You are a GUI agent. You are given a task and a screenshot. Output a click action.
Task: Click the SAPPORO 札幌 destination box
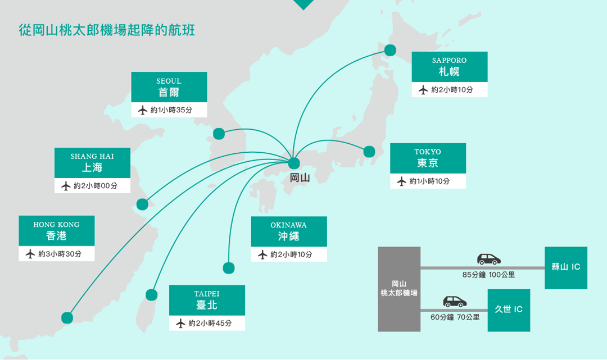pyautogui.click(x=449, y=67)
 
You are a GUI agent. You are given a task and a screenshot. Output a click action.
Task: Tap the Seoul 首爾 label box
pyautogui.click(x=169, y=87)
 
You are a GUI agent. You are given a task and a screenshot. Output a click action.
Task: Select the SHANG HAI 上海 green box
pyautogui.click(x=92, y=163)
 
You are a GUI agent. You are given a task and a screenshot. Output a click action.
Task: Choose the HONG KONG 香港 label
pyautogui.click(x=56, y=231)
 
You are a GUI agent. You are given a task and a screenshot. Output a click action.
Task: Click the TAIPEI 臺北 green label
pyautogui.click(x=207, y=300)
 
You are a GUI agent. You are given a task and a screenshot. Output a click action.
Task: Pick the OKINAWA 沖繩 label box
pyautogui.click(x=289, y=231)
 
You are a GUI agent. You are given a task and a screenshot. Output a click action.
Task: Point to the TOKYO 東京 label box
pyautogui.click(x=428, y=158)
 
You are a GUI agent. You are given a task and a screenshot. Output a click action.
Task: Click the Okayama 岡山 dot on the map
pyautogui.click(x=293, y=163)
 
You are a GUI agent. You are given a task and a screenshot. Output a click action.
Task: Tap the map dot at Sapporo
pyautogui.click(x=389, y=50)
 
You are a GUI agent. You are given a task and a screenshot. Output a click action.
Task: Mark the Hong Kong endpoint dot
pyautogui.click(x=67, y=318)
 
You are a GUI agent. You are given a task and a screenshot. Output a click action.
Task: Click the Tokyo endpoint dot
pyautogui.click(x=369, y=152)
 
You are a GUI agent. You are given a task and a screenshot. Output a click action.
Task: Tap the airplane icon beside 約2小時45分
pyautogui.click(x=180, y=323)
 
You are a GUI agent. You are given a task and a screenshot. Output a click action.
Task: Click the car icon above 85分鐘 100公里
pyautogui.click(x=488, y=259)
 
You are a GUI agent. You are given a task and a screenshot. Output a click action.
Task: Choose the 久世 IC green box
pyautogui.click(x=509, y=310)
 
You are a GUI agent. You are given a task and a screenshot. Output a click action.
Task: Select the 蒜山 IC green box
pyautogui.click(x=565, y=267)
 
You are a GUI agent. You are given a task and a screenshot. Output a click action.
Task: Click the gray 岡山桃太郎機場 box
pyautogui.click(x=399, y=289)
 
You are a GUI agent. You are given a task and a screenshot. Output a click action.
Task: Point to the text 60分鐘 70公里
pyautogui.click(x=455, y=317)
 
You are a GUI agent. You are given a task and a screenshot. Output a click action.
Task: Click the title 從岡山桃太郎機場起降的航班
pyautogui.click(x=107, y=30)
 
